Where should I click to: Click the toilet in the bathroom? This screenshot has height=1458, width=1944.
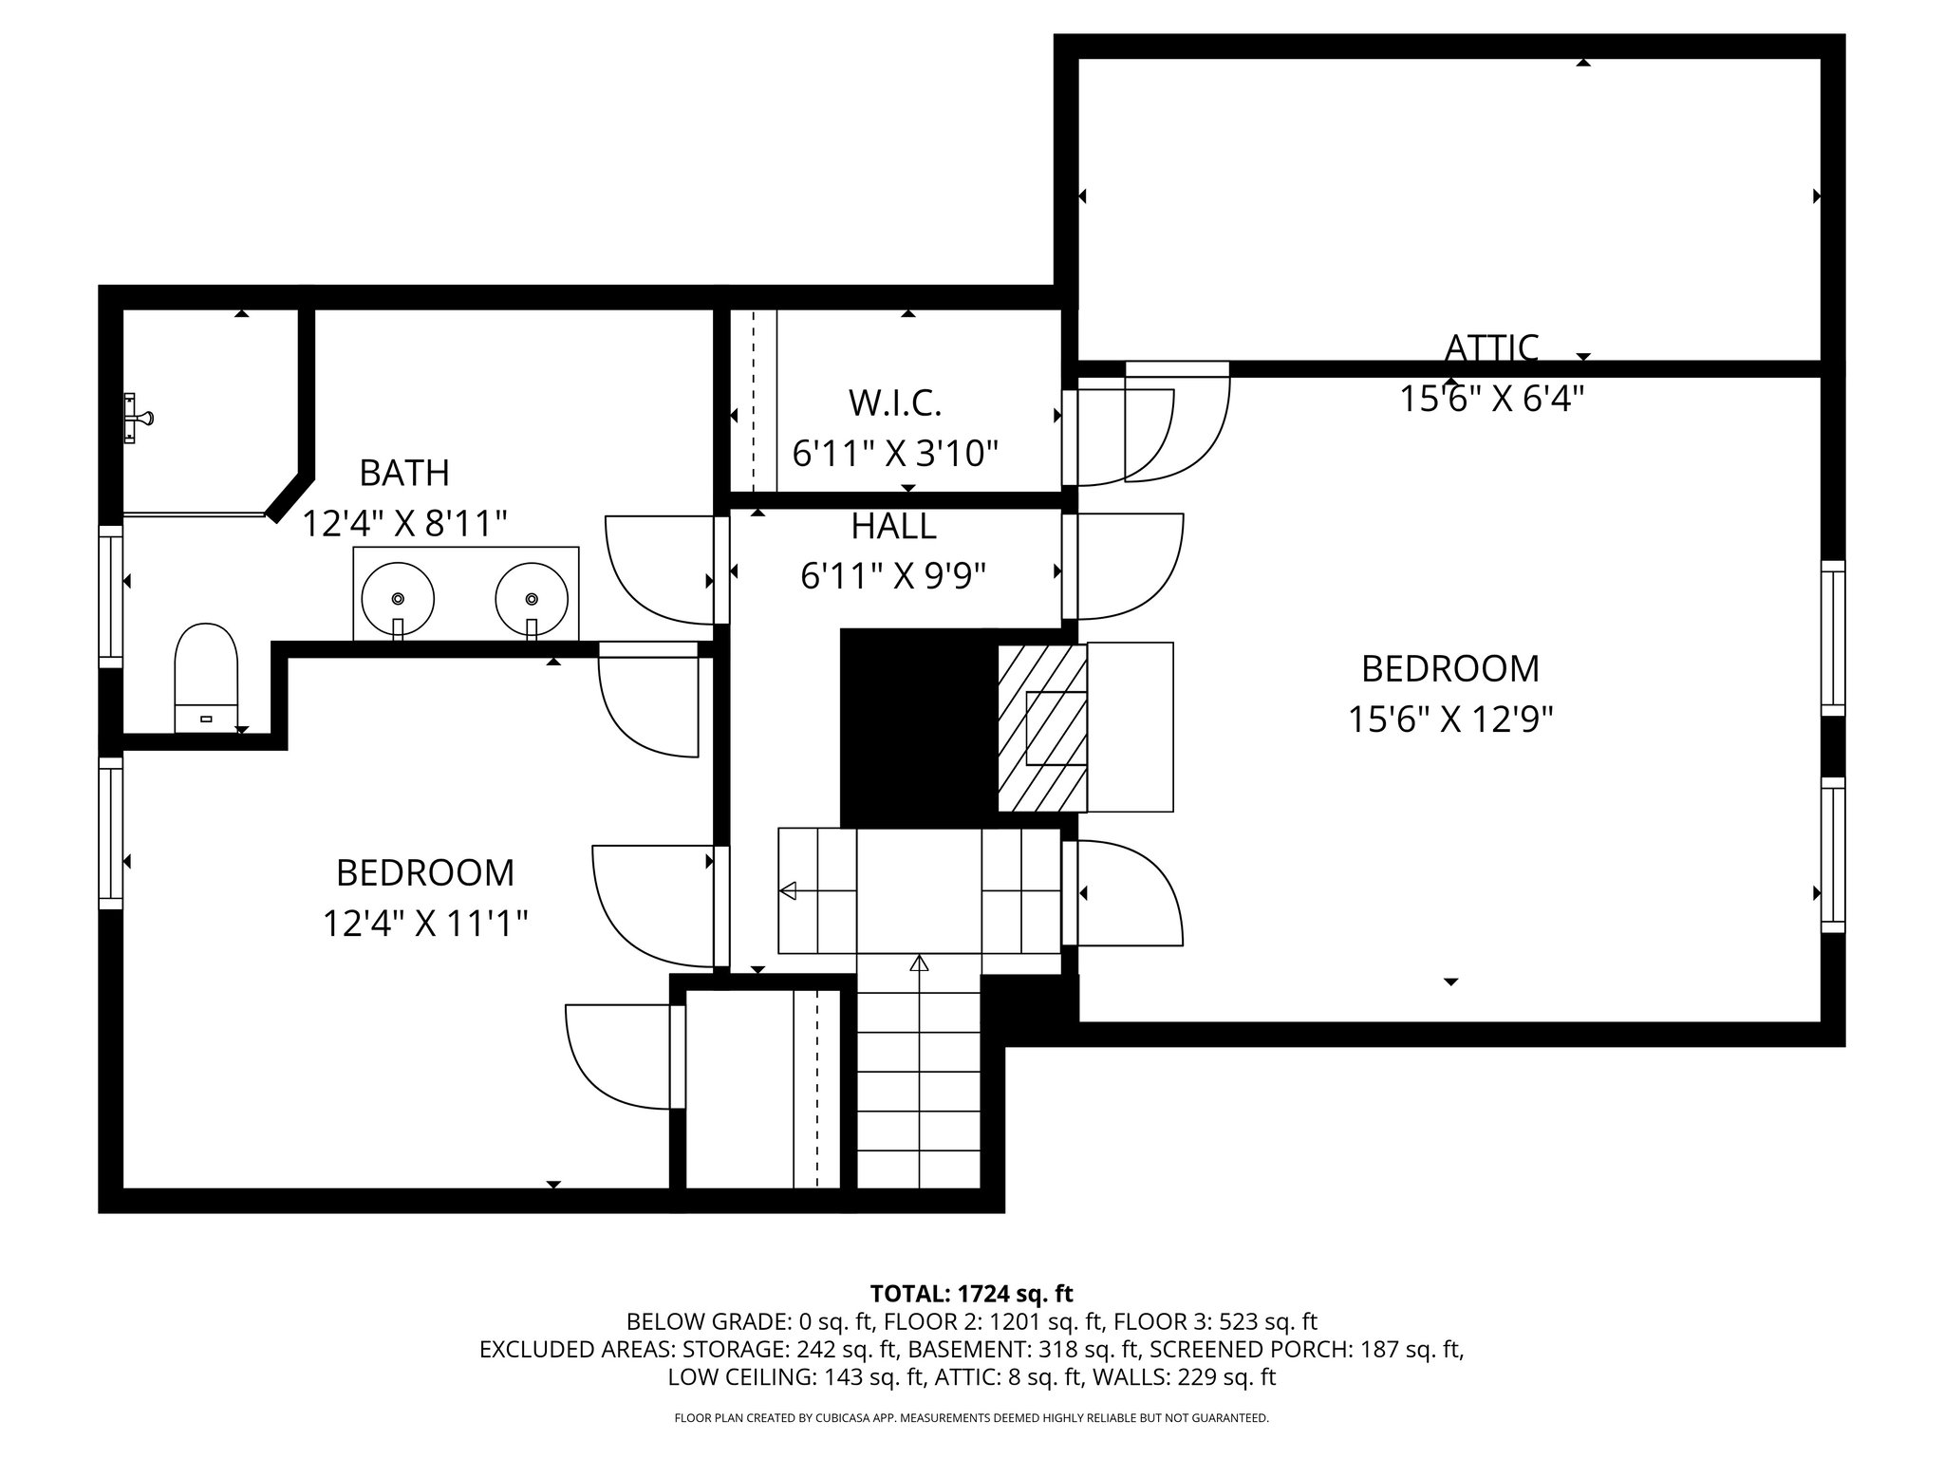pyautogui.click(x=205, y=676)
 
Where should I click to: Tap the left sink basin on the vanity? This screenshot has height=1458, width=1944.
pyautogui.click(x=398, y=598)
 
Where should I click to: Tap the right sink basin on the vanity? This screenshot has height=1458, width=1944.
pyautogui.click(x=532, y=598)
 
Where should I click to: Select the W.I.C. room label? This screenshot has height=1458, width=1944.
pyautogui.click(x=894, y=403)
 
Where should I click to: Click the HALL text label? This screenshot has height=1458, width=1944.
pyautogui.click(x=893, y=526)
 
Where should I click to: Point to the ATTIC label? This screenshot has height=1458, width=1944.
pyautogui.click(x=1491, y=348)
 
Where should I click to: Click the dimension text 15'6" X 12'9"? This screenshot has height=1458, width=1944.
pyautogui.click(x=1449, y=720)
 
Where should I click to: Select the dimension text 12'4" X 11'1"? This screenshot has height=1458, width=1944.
pyautogui.click(x=424, y=923)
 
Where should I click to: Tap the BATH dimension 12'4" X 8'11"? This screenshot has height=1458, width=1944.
pyautogui.click(x=404, y=523)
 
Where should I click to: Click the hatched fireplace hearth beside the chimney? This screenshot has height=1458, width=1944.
pyautogui.click(x=1041, y=728)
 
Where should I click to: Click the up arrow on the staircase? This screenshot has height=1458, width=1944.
pyautogui.click(x=918, y=964)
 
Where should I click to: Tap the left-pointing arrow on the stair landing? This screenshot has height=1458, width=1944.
pyautogui.click(x=788, y=890)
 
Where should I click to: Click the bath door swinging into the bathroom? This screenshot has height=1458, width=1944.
pyautogui.click(x=660, y=570)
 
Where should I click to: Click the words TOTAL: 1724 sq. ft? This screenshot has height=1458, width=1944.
pyautogui.click(x=971, y=1294)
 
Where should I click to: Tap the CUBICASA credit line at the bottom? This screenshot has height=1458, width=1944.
pyautogui.click(x=971, y=1418)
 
